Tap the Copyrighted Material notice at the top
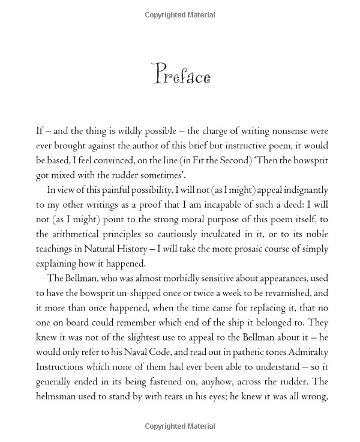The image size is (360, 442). [x=180, y=14]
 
